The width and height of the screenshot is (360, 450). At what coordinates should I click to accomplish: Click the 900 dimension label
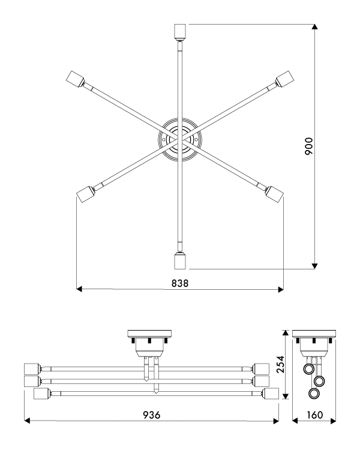point(308,146)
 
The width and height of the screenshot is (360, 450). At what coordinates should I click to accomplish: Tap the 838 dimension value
point(180,283)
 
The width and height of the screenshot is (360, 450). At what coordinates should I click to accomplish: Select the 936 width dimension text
point(152,415)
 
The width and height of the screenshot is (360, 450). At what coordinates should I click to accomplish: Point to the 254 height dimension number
point(280,364)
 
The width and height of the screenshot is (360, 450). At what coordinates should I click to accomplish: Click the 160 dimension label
point(315,415)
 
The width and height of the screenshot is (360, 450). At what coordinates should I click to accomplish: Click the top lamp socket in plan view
point(180,31)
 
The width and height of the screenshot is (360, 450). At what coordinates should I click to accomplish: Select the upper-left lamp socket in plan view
point(75,79)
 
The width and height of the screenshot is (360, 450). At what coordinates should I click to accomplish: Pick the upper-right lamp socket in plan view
point(284,79)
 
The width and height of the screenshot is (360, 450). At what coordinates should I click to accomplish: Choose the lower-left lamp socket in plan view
point(85,194)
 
